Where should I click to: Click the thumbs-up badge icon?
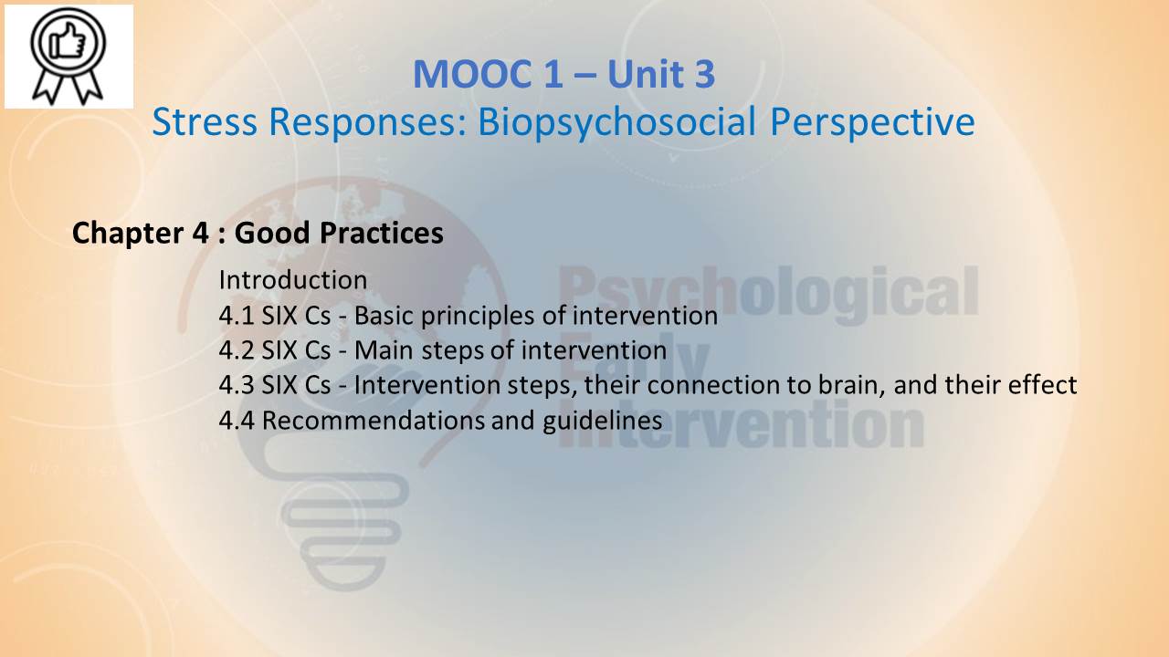pyautogui.click(x=68, y=57)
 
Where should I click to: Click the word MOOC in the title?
pyautogui.click(x=473, y=74)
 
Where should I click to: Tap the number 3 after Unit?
pyautogui.click(x=704, y=74)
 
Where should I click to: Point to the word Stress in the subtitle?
pyautogui.click(x=205, y=122)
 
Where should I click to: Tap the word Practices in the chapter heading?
pyautogui.click(x=382, y=233)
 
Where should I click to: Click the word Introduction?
pyautogui.click(x=293, y=280)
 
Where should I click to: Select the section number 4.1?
pyautogui.click(x=237, y=316)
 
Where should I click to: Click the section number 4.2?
pyautogui.click(x=237, y=350)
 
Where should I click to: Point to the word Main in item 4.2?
pyautogui.click(x=384, y=350)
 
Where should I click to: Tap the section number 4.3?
pyautogui.click(x=237, y=385)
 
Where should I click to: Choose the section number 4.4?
pyautogui.click(x=237, y=421)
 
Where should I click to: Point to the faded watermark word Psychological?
pyautogui.click(x=768, y=295)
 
